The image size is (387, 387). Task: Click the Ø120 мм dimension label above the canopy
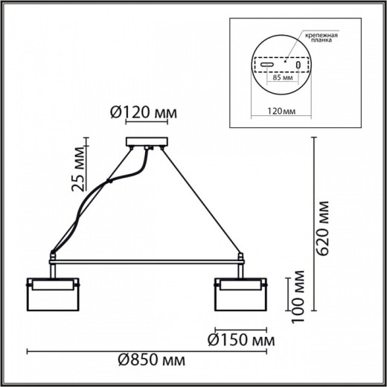click(x=145, y=112)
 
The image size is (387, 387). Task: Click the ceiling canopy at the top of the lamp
click(x=146, y=141)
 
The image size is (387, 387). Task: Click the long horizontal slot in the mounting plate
click(x=266, y=65)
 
